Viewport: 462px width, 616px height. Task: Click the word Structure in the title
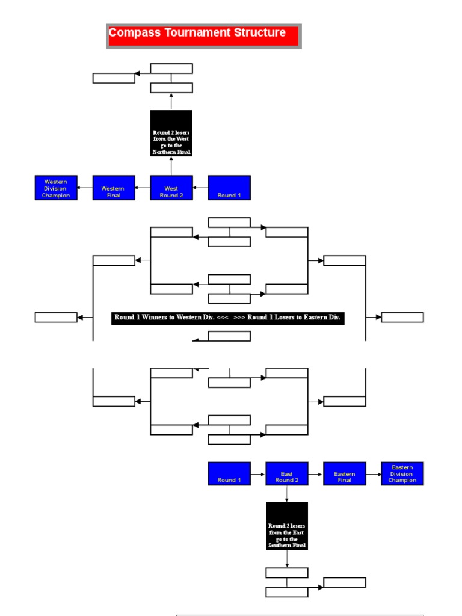(x=257, y=33)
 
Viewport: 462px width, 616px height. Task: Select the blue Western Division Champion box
(x=56, y=188)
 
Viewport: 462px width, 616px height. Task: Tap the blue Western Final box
(x=114, y=188)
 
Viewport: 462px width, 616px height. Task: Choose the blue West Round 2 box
(x=171, y=188)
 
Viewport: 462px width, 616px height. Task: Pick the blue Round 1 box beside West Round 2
(x=229, y=188)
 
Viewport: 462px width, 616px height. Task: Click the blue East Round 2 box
(x=287, y=473)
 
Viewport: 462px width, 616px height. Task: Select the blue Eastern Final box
(x=345, y=473)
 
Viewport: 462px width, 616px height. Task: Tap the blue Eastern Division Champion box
(x=402, y=473)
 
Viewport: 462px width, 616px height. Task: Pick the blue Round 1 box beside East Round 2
(x=229, y=473)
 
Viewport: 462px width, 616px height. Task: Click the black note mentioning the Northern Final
(x=171, y=133)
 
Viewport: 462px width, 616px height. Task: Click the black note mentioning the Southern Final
(x=287, y=526)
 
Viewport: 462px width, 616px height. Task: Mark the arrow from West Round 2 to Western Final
(x=143, y=188)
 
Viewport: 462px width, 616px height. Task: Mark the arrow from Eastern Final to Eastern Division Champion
(x=374, y=474)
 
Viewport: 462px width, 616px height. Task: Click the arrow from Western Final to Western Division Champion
(x=85, y=188)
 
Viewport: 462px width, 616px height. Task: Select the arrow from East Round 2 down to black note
(x=287, y=494)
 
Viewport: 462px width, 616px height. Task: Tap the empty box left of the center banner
(x=56, y=318)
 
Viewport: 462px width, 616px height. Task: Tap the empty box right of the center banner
(x=402, y=318)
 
